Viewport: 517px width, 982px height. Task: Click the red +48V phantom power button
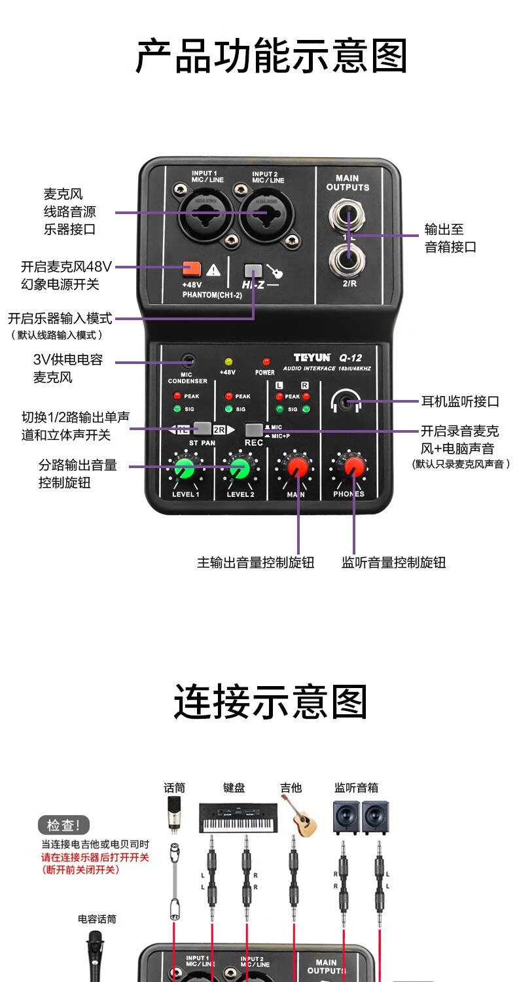pyautogui.click(x=191, y=268)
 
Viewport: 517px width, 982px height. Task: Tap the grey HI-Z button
pyautogui.click(x=252, y=270)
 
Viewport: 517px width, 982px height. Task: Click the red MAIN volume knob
pyautogui.click(x=298, y=467)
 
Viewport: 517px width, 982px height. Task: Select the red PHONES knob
pyautogui.click(x=354, y=466)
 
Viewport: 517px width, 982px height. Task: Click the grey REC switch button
pyautogui.click(x=253, y=429)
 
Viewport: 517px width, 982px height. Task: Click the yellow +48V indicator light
pyautogui.click(x=228, y=361)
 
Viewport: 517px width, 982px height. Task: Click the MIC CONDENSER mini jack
pyautogui.click(x=189, y=360)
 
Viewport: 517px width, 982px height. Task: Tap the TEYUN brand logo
pyautogui.click(x=312, y=358)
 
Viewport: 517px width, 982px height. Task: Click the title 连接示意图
pyautogui.click(x=271, y=702)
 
